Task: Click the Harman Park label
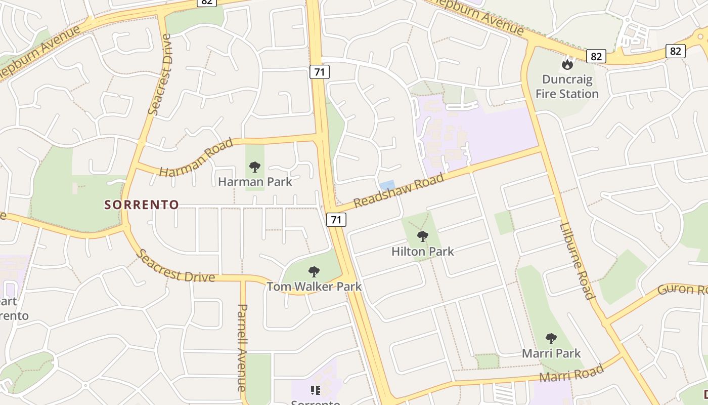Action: click(x=255, y=181)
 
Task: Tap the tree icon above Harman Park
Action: click(x=255, y=167)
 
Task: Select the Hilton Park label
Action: click(x=423, y=251)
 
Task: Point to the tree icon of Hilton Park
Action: click(x=423, y=236)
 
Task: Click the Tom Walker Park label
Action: click(x=314, y=287)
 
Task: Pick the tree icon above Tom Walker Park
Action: click(x=314, y=272)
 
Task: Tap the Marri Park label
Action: click(x=551, y=353)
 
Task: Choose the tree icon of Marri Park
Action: click(x=551, y=338)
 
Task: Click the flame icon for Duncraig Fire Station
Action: click(x=567, y=65)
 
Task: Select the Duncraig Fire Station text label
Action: click(x=567, y=87)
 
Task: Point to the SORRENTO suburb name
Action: click(x=142, y=205)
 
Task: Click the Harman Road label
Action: click(x=196, y=157)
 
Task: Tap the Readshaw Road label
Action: click(x=399, y=190)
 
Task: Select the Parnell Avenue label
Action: click(x=243, y=347)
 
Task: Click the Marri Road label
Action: click(x=571, y=374)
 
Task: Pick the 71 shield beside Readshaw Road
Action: click(x=336, y=220)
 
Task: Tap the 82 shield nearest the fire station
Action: click(x=596, y=56)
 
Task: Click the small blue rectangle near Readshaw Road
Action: click(x=387, y=186)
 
